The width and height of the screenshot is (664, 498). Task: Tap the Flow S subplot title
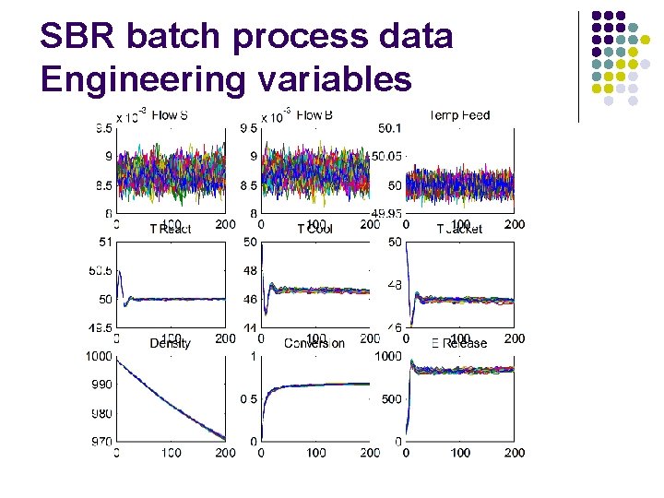point(170,116)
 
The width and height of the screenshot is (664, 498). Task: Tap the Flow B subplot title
point(314,116)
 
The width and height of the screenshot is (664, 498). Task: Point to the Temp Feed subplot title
point(459,116)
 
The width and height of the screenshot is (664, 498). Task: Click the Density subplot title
point(170,343)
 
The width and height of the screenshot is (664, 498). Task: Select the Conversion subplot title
point(314,343)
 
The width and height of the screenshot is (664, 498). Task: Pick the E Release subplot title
point(459,343)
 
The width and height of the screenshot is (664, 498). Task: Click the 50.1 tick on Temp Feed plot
point(390,127)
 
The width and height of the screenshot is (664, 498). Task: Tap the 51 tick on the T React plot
point(104,242)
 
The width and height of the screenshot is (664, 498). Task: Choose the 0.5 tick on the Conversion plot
point(248,399)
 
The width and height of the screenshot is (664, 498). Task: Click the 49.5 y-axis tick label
point(100,328)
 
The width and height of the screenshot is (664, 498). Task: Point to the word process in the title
point(295,37)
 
